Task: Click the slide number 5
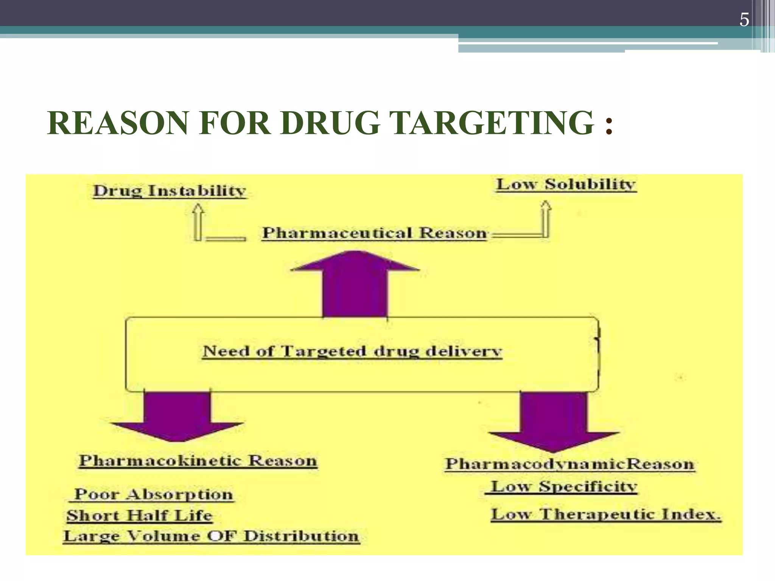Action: click(x=744, y=20)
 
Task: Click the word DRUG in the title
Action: click(x=330, y=123)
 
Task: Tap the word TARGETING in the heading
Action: click(x=491, y=123)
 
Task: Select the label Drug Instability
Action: click(x=170, y=190)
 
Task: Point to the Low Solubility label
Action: click(x=566, y=184)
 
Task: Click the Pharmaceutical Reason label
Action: click(x=375, y=233)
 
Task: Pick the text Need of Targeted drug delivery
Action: click(x=352, y=351)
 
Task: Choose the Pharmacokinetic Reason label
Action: click(x=198, y=461)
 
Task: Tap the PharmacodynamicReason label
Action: click(x=570, y=464)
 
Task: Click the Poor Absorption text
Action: click(x=153, y=494)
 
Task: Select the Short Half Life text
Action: click(x=139, y=515)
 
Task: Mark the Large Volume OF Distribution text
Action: click(x=211, y=536)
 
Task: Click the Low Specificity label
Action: click(x=564, y=486)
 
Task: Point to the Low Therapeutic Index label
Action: click(x=605, y=514)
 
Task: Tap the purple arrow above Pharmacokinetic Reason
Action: click(x=177, y=416)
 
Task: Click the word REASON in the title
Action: click(x=118, y=123)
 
